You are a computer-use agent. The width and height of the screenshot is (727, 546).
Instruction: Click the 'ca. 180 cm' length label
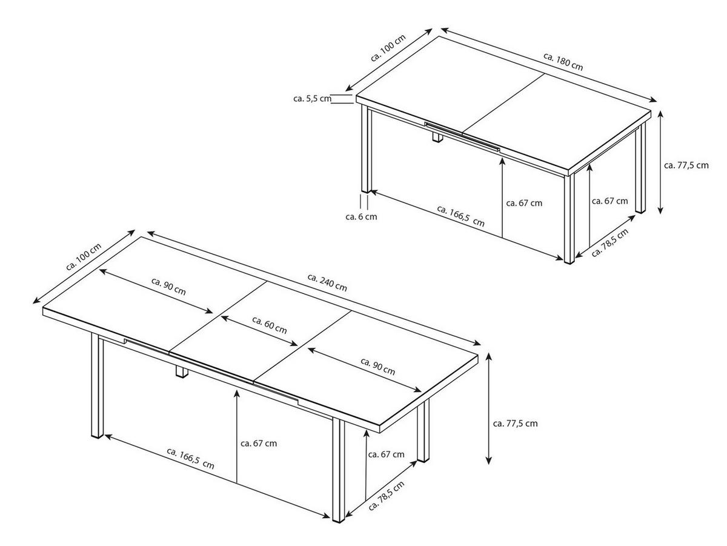563,62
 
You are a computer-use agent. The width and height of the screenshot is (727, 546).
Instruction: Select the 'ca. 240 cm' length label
327,282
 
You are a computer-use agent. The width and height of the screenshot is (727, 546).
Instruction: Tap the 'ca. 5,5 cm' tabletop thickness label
312,98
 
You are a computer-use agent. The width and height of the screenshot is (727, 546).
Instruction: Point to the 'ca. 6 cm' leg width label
361,216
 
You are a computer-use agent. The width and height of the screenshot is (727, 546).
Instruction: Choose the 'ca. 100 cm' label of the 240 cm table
83,258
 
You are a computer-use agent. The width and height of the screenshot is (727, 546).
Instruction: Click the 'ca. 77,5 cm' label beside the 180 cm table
686,165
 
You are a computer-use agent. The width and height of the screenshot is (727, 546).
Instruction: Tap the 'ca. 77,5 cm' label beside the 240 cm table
515,424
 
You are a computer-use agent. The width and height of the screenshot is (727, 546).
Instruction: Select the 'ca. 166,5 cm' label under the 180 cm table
461,216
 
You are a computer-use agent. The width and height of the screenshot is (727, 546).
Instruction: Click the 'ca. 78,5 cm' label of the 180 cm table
610,243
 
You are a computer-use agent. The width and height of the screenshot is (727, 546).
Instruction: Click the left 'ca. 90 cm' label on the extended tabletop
168,286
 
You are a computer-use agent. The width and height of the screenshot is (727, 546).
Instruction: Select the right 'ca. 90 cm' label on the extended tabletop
377,367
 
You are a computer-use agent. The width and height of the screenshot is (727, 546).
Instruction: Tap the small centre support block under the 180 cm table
436,138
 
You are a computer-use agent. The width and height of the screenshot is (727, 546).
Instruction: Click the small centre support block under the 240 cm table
181,372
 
